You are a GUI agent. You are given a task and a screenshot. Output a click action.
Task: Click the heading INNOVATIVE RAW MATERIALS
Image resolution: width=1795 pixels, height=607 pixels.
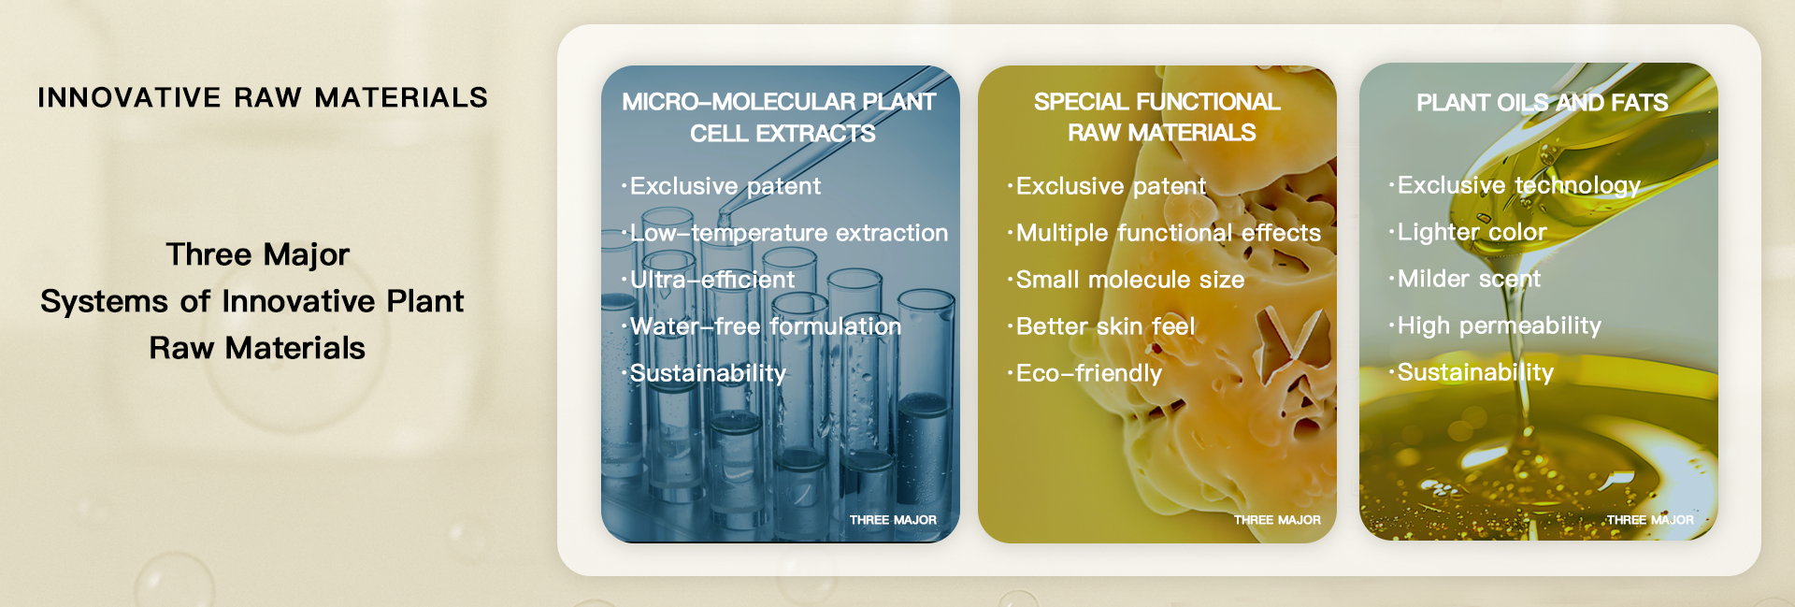(263, 97)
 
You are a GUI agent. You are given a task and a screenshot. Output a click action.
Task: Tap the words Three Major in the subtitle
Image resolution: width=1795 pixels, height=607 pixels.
(258, 254)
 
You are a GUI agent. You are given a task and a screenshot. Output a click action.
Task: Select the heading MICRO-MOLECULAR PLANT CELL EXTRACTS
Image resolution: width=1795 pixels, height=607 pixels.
(780, 117)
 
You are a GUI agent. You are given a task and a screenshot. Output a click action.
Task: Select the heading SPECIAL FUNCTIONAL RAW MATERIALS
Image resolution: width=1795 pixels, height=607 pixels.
(1157, 117)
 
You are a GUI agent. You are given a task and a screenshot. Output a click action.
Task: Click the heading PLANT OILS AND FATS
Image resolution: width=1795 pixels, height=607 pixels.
(1543, 102)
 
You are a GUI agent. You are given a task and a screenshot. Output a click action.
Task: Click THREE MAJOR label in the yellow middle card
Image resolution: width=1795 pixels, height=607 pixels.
(1277, 520)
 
